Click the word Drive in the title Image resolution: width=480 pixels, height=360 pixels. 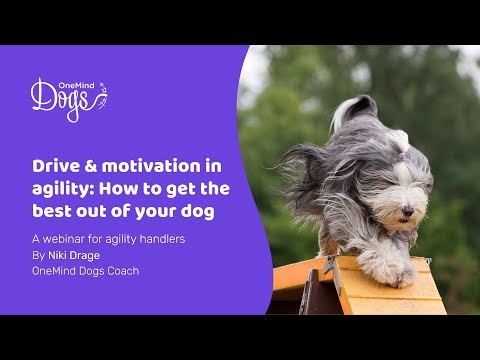(x=52, y=165)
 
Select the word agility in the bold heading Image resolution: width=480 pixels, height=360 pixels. (x=56, y=189)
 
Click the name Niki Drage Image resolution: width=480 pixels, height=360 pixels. (x=81, y=255)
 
